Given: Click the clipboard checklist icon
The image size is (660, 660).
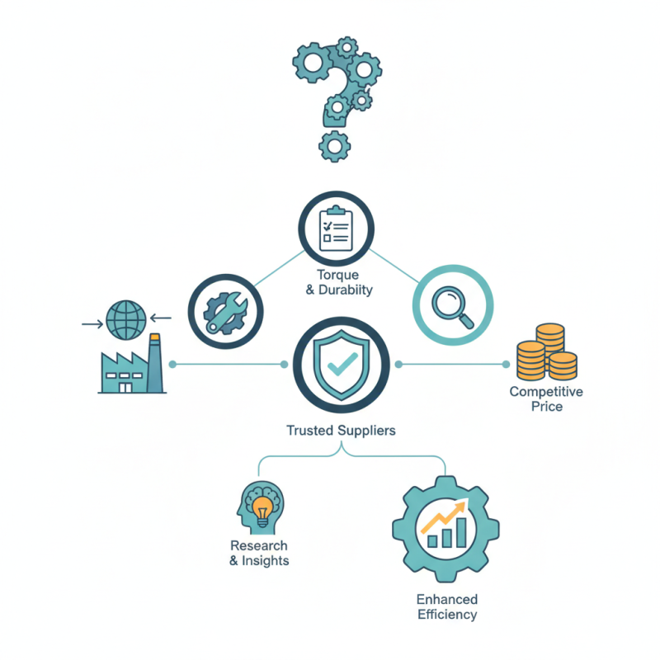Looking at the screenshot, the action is [336, 229].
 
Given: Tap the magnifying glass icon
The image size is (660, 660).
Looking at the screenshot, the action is [452, 306].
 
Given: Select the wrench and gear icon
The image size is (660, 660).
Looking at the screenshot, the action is [225, 313].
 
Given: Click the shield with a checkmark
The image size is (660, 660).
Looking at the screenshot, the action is [342, 365].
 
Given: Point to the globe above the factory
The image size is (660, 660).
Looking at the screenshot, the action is [126, 320].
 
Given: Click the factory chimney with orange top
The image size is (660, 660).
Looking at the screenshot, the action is [155, 363].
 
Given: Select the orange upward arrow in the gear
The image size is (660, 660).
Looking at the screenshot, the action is [445, 515].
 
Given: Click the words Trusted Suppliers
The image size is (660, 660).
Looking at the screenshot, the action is [341, 430].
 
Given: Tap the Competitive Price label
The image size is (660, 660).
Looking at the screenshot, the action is [546, 399].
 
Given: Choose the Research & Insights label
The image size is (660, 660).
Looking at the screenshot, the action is [259, 553].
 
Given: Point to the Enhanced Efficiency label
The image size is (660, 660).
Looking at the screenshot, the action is [447, 606].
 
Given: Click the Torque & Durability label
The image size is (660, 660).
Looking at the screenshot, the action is [339, 282].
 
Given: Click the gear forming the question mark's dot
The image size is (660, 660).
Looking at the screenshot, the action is [335, 146].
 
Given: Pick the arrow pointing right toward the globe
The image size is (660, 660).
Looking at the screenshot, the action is [92, 324].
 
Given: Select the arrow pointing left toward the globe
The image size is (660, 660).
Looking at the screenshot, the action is [161, 318].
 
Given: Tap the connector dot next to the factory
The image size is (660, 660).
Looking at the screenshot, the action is [172, 364].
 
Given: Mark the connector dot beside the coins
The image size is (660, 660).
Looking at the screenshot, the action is [506, 364].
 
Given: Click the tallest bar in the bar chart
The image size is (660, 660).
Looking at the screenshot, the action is [461, 532].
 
